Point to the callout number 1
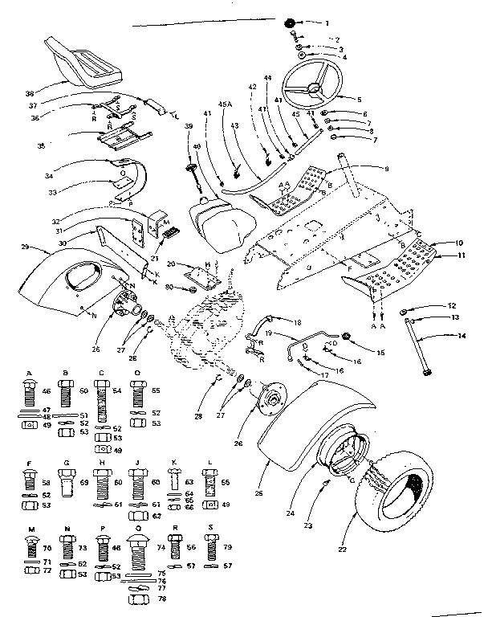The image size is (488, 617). pos(327,22)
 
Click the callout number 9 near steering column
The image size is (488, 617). pos(386,169)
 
